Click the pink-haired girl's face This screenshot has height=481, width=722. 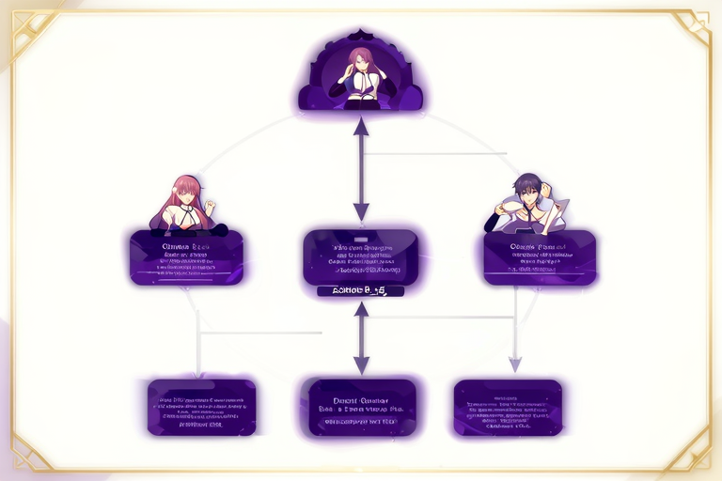point(185,190)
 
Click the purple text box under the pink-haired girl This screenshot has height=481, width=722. point(186,257)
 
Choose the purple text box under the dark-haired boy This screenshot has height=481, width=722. point(540,257)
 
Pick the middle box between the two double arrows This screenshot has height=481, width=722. point(361,256)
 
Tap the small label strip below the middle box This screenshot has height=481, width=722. point(361,291)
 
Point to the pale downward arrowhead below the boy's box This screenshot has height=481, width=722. point(514,364)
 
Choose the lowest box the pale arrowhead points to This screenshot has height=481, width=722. point(508,408)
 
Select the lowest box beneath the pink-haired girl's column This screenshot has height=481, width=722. point(201,408)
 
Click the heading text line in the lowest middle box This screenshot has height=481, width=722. point(362,397)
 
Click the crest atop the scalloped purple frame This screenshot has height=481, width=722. point(361,37)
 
